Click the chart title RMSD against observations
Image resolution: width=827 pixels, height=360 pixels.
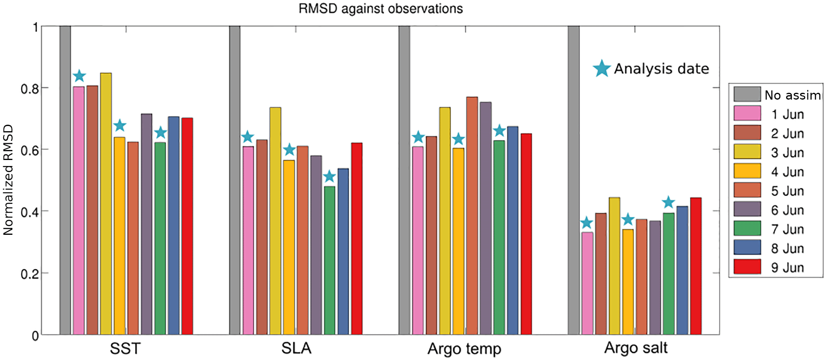tap(380, 8)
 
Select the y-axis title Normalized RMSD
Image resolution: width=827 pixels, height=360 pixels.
tap(8, 180)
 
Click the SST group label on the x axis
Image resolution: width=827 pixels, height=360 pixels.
tap(125, 348)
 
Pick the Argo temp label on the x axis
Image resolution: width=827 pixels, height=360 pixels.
tap(464, 349)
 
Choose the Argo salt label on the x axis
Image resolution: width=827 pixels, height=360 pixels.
tap(636, 348)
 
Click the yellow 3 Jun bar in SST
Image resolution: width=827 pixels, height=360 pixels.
tap(106, 204)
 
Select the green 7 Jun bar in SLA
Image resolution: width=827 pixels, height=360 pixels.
tap(329, 260)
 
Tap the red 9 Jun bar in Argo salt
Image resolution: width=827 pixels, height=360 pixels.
tap(696, 266)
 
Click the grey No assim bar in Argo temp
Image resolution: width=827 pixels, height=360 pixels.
tap(404, 180)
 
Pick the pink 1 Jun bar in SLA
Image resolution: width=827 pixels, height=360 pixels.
tap(248, 240)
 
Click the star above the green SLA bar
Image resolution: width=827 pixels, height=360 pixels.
tap(329, 176)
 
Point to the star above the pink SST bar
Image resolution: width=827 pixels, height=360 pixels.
tap(79, 76)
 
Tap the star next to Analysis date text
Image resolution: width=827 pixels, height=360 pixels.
tap(601, 69)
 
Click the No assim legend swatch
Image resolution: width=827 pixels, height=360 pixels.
tap(747, 94)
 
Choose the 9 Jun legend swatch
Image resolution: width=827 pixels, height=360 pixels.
tap(747, 267)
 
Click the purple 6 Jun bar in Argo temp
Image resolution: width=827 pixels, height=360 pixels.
tap(486, 218)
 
